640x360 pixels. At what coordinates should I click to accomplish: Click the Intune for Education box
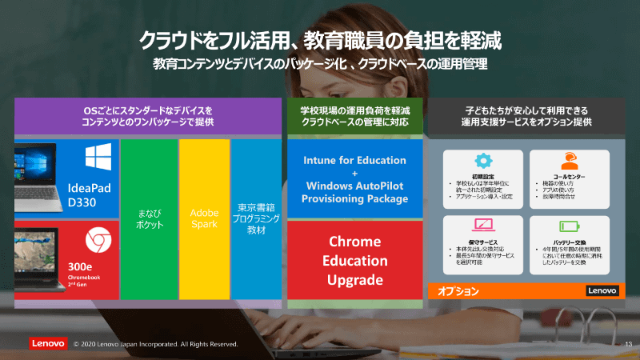pos(356,178)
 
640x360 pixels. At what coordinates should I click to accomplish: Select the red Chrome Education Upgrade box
pos(356,260)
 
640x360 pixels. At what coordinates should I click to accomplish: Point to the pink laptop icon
pos(483,226)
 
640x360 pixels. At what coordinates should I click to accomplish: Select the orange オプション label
pos(458,291)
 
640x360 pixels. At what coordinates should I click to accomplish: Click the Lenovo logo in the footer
pos(48,343)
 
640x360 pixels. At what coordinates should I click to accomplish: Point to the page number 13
pos(627,344)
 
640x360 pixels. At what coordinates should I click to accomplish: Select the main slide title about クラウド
pos(320,39)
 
